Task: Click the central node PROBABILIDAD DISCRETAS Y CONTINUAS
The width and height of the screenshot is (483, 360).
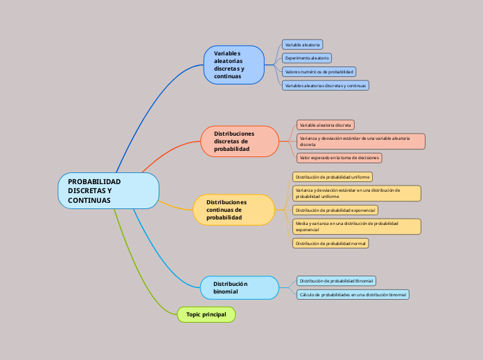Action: [109, 190]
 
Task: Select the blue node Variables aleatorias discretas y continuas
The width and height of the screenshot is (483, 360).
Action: [234, 65]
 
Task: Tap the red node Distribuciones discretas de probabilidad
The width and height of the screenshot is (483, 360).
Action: [240, 141]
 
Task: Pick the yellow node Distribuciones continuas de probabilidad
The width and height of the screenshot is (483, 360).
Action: [234, 209]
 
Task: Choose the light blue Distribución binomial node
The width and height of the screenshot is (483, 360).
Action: [239, 287]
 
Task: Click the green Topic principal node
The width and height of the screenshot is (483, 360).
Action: [207, 314]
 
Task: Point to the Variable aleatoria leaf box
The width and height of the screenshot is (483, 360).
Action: [302, 44]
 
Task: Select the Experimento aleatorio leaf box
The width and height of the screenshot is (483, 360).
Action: [307, 58]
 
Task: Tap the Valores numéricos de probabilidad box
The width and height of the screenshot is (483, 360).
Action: [319, 72]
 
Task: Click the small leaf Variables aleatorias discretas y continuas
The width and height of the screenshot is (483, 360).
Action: [326, 86]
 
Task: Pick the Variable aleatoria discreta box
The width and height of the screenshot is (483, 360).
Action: [326, 125]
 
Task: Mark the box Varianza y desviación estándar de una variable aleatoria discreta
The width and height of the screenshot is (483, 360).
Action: [360, 141]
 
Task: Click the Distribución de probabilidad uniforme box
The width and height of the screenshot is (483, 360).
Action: [333, 177]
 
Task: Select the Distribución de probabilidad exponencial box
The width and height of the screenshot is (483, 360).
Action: [335, 210]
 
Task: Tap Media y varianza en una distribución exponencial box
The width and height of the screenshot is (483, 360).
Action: [356, 226]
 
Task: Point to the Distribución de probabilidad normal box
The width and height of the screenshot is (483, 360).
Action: [331, 244]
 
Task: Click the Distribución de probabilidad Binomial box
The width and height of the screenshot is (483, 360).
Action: [336, 281]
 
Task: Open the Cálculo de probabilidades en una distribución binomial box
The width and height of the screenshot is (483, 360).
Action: [353, 295]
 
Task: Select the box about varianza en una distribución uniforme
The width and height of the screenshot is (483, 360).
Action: [356, 193]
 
